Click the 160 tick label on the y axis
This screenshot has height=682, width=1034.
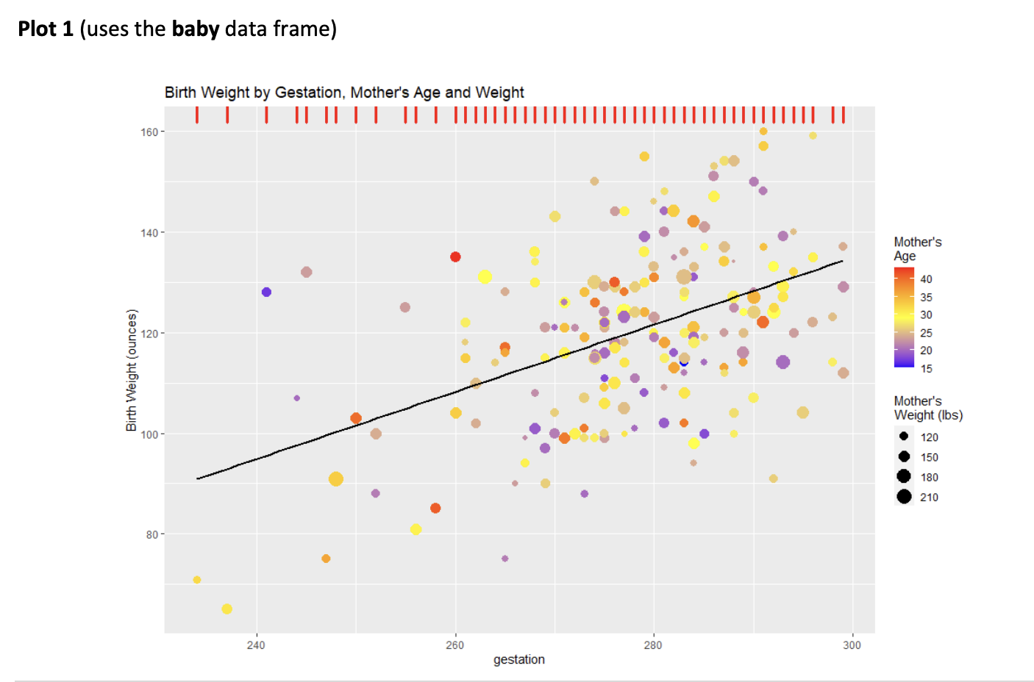pyautogui.click(x=149, y=132)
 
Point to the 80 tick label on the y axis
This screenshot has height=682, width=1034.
pyautogui.click(x=151, y=535)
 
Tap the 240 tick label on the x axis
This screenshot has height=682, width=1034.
pyautogui.click(x=256, y=645)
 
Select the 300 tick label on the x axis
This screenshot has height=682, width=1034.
pyautogui.click(x=852, y=645)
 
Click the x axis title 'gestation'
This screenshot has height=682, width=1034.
pyautogui.click(x=518, y=659)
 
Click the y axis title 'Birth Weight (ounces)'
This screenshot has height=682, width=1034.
pyautogui.click(x=132, y=370)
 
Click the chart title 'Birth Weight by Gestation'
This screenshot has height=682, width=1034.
pyautogui.click(x=343, y=93)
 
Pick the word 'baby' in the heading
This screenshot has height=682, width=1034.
pyautogui.click(x=196, y=29)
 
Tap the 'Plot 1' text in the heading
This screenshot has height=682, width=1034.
pyautogui.click(x=46, y=29)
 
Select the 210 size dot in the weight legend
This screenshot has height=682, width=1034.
pyautogui.click(x=904, y=497)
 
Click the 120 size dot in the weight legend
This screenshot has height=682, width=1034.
pyautogui.click(x=904, y=437)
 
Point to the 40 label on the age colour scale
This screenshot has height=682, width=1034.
pyautogui.click(x=926, y=279)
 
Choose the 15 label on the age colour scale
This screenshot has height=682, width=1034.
pyautogui.click(x=926, y=369)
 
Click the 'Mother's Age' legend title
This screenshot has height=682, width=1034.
pyautogui.click(x=917, y=249)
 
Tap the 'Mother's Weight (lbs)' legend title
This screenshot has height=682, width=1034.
pyautogui.click(x=927, y=408)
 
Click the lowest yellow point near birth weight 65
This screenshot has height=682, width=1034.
pyautogui.click(x=227, y=609)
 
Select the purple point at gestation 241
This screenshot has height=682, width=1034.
pyautogui.click(x=266, y=292)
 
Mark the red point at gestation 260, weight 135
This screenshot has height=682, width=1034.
pyautogui.click(x=455, y=256)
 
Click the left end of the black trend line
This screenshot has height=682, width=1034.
pyautogui.click(x=198, y=478)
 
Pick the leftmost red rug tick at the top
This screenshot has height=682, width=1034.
pyautogui.click(x=197, y=115)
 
